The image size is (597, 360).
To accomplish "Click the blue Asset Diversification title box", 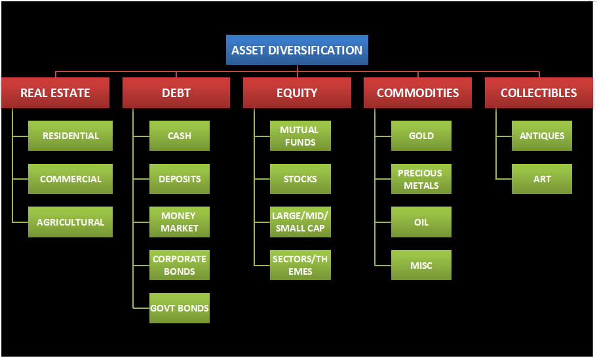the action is click(x=297, y=50).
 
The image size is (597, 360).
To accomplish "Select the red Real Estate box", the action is click(x=55, y=92).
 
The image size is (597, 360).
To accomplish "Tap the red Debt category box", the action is click(x=176, y=92).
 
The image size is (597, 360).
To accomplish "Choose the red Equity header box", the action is click(x=297, y=92).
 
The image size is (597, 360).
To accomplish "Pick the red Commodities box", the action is click(x=417, y=92).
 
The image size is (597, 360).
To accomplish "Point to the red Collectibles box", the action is click(x=539, y=92).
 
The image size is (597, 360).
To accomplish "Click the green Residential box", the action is click(x=70, y=136).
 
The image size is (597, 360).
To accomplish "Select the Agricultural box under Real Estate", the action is click(x=70, y=222).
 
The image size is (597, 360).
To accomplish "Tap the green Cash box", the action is click(x=180, y=136).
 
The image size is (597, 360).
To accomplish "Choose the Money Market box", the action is click(x=180, y=222).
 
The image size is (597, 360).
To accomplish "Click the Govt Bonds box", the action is click(x=180, y=308).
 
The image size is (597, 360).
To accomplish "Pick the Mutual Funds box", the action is click(x=300, y=136).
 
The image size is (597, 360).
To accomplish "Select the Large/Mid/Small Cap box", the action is click(x=300, y=222).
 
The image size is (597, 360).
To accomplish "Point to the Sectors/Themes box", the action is click(x=300, y=265).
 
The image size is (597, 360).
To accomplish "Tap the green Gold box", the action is click(x=421, y=136).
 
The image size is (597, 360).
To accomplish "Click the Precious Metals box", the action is click(x=421, y=179).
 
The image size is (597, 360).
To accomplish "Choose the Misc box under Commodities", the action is click(x=421, y=265).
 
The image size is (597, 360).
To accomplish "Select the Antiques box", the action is click(x=542, y=136).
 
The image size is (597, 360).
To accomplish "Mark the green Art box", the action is click(x=542, y=179).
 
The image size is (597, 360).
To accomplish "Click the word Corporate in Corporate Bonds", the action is click(x=180, y=259).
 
